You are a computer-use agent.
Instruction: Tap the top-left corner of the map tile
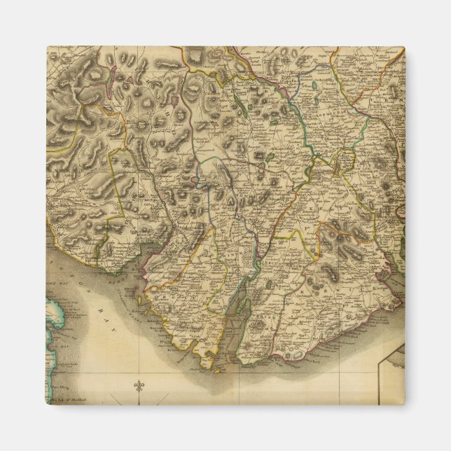(48, 48)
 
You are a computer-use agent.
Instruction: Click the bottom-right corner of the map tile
(404, 404)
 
